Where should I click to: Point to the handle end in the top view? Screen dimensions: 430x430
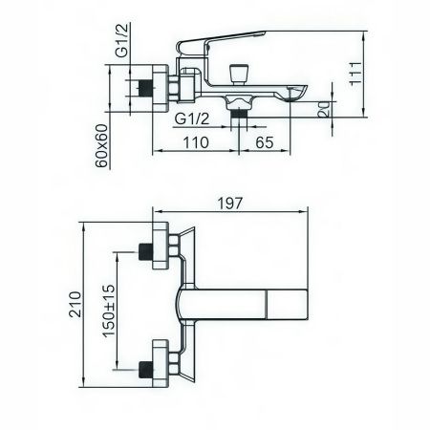289,305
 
